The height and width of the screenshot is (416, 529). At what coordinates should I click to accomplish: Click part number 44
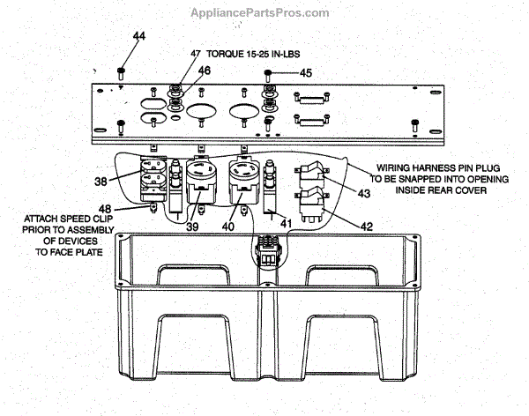(139, 36)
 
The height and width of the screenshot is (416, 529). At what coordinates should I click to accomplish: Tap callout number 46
(204, 70)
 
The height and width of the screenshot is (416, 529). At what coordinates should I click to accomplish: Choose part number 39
(190, 227)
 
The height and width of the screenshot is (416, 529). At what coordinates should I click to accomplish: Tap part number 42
(367, 227)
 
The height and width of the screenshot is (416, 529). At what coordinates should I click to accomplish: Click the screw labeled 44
(123, 70)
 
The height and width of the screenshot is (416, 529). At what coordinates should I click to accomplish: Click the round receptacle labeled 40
(244, 176)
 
